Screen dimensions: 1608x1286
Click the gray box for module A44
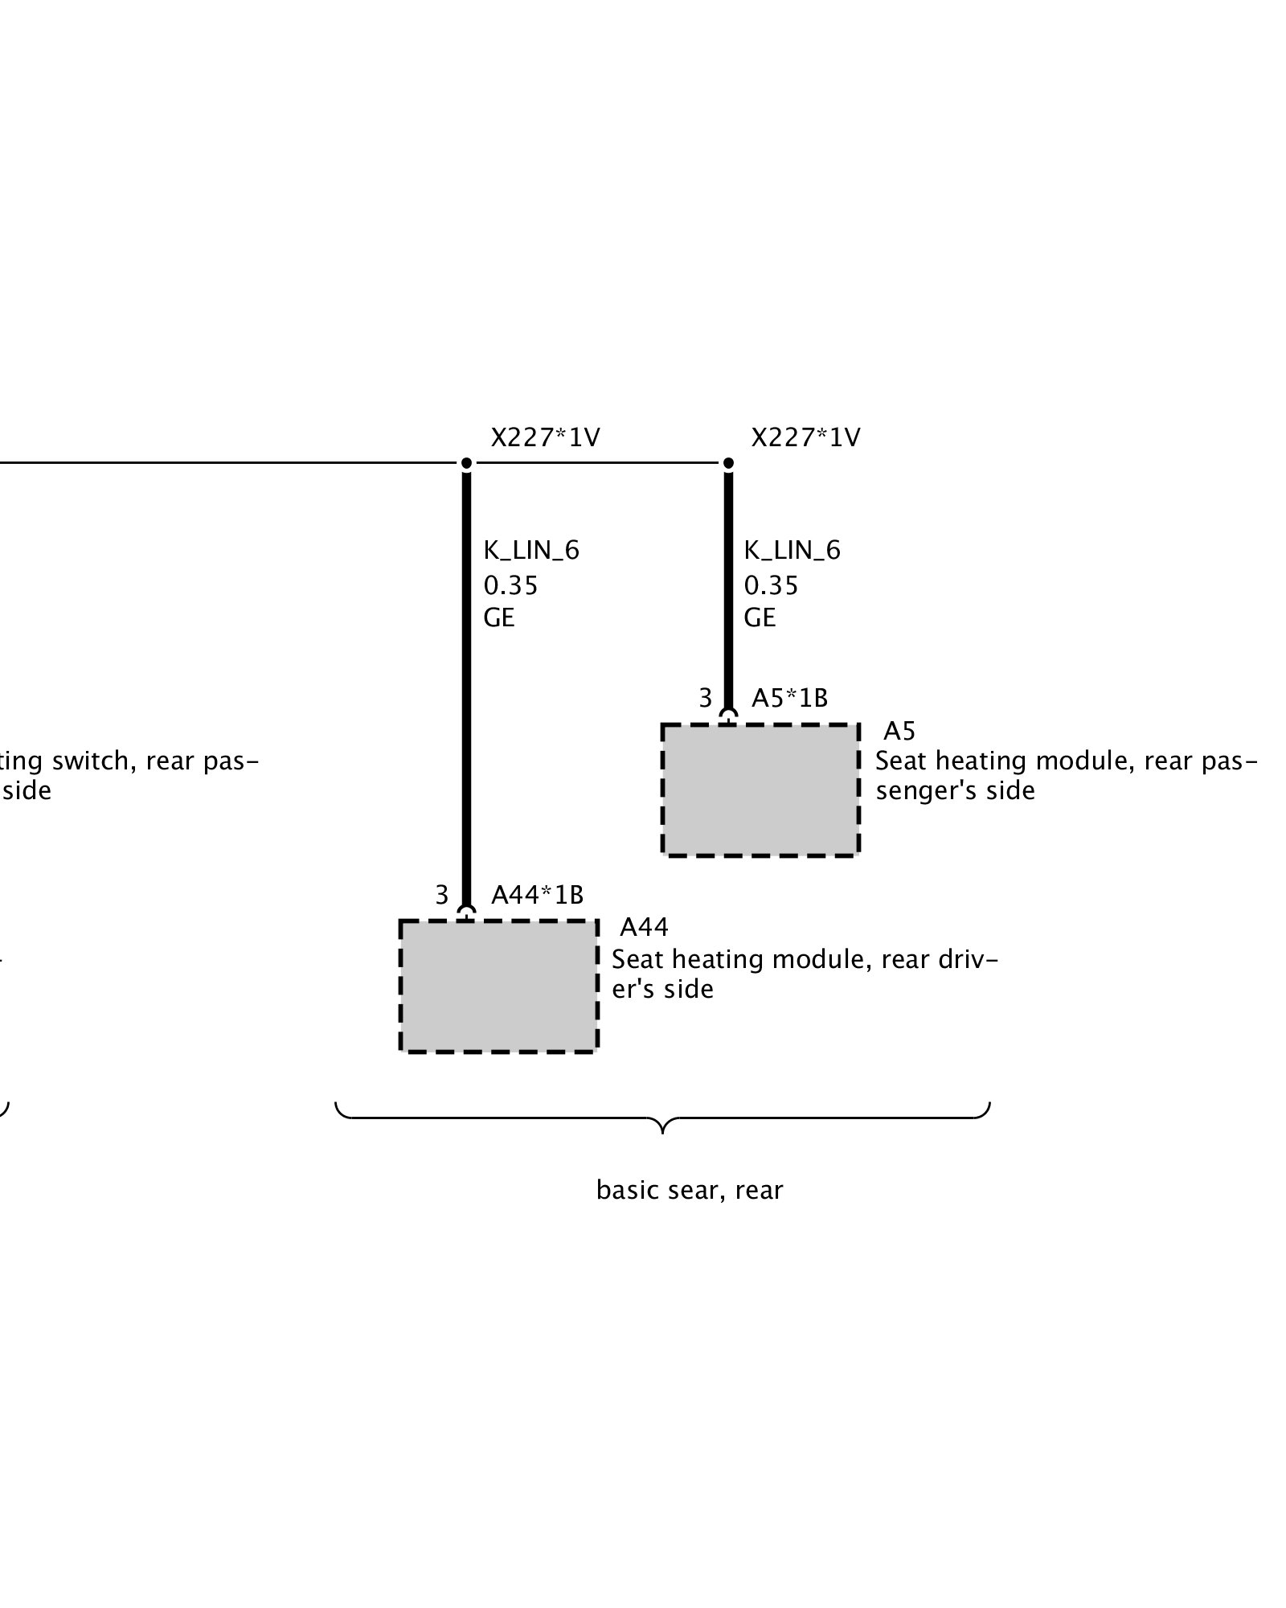coord(498,986)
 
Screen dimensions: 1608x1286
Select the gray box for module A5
coord(760,790)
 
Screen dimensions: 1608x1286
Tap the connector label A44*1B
coord(537,895)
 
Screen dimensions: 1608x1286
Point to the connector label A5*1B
coord(789,698)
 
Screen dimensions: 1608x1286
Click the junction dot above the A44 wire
coord(466,463)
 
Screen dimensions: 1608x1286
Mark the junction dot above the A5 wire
coord(728,463)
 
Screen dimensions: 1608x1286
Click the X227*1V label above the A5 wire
coord(805,437)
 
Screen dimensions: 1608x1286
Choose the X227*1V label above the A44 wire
coord(545,437)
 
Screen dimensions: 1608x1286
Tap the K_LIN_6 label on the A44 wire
coord(531,551)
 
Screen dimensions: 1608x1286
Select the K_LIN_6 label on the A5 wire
coord(792,551)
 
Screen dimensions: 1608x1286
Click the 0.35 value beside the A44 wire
coord(510,585)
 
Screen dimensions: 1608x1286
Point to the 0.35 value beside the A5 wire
coord(771,585)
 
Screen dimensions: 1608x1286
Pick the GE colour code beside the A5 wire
coord(760,617)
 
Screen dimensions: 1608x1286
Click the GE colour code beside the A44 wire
coord(499,617)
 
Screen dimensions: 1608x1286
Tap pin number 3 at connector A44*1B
coord(441,895)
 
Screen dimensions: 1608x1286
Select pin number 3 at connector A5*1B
coord(705,698)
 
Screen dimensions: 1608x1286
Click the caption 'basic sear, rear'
coord(690,1190)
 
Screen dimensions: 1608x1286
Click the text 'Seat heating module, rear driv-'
coord(805,959)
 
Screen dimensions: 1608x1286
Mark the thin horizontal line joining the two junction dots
coord(597,463)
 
